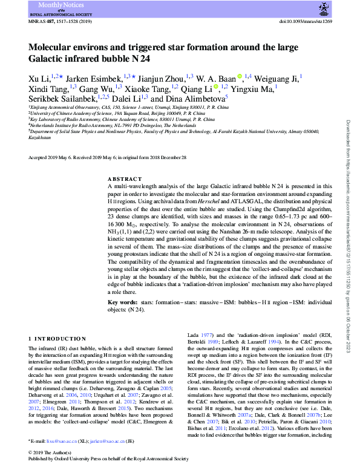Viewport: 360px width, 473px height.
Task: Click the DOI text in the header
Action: pyautogui.click(x=304, y=21)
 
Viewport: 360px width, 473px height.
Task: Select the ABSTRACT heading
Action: pyautogui.click(x=124, y=179)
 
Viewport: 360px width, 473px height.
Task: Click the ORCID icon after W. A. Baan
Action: pyautogui.click(x=240, y=76)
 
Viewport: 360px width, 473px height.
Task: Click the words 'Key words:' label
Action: pyautogui.click(x=123, y=301)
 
